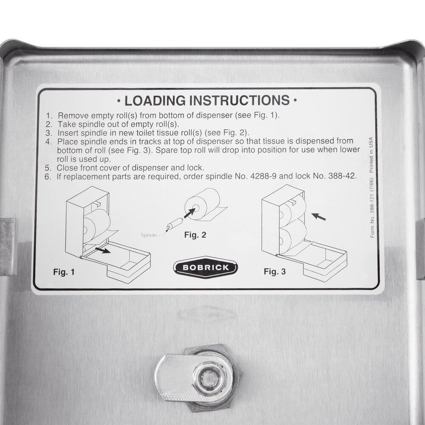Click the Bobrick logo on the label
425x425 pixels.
(206, 267)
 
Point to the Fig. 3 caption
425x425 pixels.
(275, 271)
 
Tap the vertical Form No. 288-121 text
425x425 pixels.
(372, 212)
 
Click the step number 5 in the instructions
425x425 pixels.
(48, 167)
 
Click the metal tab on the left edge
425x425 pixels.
(7, 246)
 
